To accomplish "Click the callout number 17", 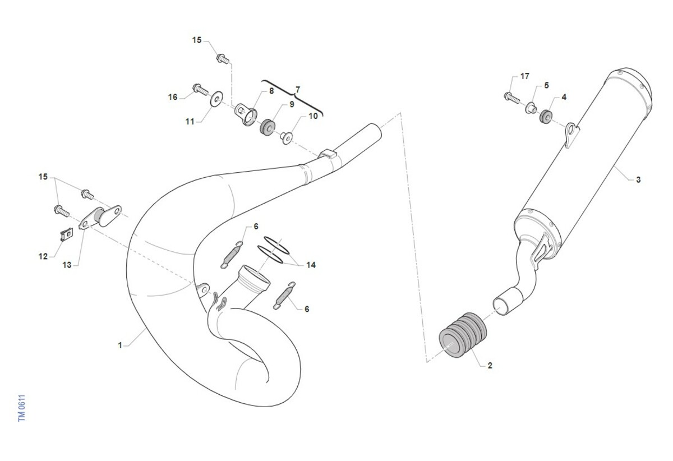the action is coord(524,76).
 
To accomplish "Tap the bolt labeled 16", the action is coord(200,89).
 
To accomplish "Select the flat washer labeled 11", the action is coord(216,99).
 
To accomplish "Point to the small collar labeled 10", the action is coord(287,137).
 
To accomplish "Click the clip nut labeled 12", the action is coord(67,234).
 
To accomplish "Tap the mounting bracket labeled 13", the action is coord(100,217).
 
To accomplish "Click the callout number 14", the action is coord(311,265).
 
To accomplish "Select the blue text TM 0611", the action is coord(22,408).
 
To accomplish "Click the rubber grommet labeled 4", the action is coord(546,117).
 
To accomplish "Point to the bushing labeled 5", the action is coord(531,108).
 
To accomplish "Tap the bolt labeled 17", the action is coord(511,98).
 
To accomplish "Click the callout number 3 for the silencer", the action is coord(638,179).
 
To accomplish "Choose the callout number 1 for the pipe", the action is coord(120,345).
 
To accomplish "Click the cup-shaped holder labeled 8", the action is coord(246,114).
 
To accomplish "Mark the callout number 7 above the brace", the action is coord(297,90).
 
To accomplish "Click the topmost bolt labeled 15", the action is coord(223,58).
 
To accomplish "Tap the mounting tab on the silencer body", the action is coord(571,135).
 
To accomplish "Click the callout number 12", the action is coord(43,256).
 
